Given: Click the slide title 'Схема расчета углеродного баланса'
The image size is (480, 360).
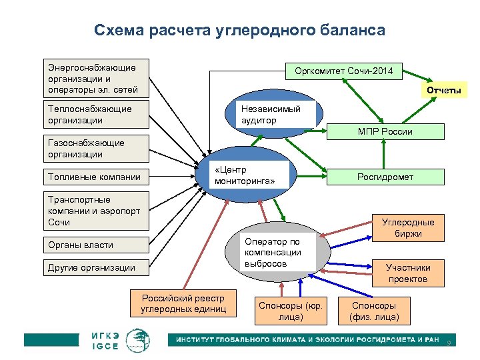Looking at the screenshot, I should (239, 31).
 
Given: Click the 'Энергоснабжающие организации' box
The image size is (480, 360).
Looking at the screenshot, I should (95, 78).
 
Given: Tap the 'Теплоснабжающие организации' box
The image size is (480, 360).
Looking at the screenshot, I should (95, 114).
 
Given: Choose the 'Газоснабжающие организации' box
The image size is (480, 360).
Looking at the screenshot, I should (95, 149).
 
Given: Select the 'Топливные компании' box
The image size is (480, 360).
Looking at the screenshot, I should (95, 177).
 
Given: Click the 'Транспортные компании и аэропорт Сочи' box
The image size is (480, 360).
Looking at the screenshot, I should (95, 210).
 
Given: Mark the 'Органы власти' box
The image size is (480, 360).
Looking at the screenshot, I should (95, 245).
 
